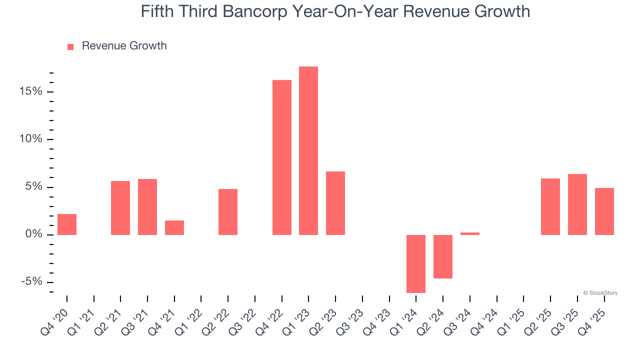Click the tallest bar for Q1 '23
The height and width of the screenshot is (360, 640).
pos(308,150)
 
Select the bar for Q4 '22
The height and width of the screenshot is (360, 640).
pos(281,157)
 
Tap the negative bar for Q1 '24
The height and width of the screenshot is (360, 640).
pos(415,263)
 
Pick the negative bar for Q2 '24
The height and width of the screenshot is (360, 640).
pos(442,256)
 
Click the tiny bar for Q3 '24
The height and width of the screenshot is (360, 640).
pos(469,233)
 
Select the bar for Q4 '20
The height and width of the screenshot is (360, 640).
pos(67,224)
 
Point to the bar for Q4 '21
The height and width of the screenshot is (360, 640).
pos(174,227)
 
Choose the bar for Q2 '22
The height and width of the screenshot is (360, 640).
pos(228,212)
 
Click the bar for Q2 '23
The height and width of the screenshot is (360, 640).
pos(335,203)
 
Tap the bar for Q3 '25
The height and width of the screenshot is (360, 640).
pos(577,204)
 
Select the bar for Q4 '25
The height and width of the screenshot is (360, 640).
pos(604,211)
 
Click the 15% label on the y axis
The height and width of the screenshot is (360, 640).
pos(30,91)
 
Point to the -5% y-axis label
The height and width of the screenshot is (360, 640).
pos(31,282)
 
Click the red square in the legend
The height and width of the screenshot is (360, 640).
pos(70,46)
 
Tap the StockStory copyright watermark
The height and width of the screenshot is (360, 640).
pos(600,293)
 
